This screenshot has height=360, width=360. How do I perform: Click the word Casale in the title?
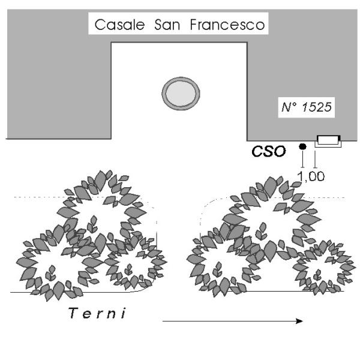pos(119,25)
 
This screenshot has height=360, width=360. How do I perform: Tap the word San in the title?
pos(167,25)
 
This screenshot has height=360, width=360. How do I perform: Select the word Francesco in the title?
pos(227,25)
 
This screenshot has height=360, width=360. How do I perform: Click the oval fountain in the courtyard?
pos(181,94)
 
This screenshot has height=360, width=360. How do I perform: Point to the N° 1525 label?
pos(307,107)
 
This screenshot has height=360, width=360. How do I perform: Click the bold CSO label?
pos(268,151)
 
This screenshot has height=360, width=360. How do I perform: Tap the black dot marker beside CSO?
pos(302,146)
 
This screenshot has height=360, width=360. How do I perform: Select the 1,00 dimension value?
pos(311,176)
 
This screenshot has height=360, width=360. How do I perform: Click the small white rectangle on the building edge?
pos(328,140)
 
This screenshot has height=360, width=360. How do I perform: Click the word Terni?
pos(97,313)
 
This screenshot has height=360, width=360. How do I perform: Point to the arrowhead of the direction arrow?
pos(299,321)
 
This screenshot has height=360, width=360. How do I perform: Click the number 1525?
pos(317,107)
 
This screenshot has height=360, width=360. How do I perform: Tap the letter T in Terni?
pos(73,313)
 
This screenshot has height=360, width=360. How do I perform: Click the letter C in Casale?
pos(100,25)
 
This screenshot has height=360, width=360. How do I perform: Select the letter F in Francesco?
pos(194,25)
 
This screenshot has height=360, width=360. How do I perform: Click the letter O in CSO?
pos(280,152)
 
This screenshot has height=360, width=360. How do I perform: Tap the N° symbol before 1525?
pos(289,107)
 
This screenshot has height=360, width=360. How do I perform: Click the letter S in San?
pos(158,25)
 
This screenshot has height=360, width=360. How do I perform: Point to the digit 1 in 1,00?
pos(300,176)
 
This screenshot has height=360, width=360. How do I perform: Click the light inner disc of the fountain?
pos(181,94)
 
